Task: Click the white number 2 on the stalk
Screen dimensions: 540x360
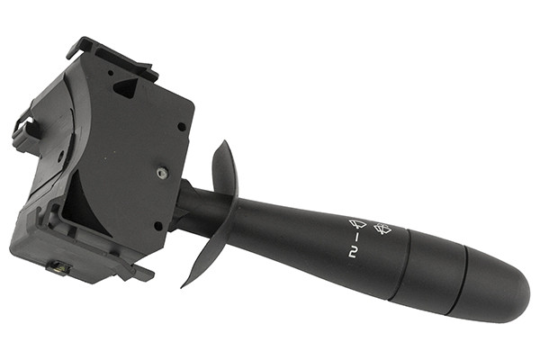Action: click(352, 254)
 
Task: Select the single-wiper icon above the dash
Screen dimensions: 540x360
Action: click(357, 224)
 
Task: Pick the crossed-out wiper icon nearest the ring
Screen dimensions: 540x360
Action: click(382, 228)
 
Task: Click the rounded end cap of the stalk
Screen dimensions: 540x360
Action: click(496, 284)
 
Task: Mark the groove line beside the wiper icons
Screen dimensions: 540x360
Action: click(401, 263)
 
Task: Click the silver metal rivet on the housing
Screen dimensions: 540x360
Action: click(162, 173)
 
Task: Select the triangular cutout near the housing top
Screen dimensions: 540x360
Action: click(126, 86)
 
